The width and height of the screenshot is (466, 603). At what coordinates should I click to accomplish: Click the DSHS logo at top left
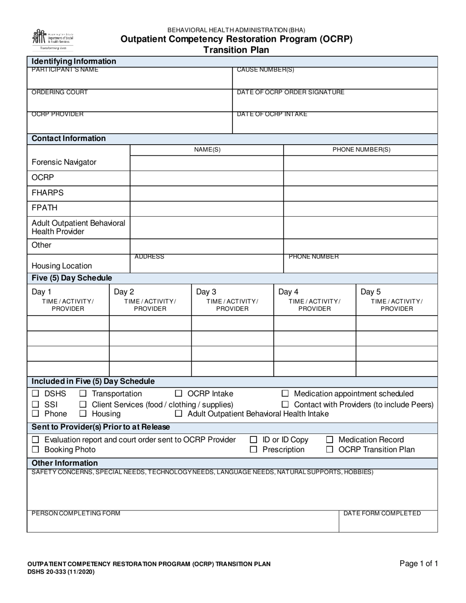52,40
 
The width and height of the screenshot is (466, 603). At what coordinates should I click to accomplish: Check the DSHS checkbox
35,394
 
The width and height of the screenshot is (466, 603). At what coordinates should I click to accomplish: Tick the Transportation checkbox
83,394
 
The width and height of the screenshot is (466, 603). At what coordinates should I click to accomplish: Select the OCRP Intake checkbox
179,394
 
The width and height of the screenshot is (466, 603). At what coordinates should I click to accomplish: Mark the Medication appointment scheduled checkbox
285,394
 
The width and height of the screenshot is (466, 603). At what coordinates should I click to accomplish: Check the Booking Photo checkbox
35,450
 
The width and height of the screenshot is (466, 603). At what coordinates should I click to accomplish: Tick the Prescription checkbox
254,450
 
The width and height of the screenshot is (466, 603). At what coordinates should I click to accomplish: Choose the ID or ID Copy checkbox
254,440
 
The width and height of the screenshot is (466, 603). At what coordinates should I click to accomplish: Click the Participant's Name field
129,80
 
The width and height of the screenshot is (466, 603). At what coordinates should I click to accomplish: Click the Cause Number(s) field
335,80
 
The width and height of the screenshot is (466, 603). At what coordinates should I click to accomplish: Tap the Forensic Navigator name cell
207,162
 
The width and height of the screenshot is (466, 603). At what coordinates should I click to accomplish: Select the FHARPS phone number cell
361,193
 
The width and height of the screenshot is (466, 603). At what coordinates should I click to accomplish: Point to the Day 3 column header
232,300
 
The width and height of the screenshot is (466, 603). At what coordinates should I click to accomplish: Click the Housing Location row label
62,266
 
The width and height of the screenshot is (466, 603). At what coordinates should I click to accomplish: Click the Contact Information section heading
69,139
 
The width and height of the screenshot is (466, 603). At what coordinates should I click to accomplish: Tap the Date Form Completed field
388,524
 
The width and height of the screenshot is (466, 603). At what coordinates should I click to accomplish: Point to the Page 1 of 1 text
418,564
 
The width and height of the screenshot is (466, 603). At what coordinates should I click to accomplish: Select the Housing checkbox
83,414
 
